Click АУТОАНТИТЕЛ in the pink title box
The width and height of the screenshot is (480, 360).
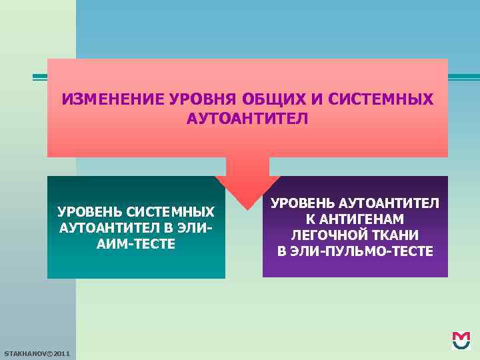click(x=247, y=119)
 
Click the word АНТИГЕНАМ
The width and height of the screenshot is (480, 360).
click(x=363, y=219)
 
